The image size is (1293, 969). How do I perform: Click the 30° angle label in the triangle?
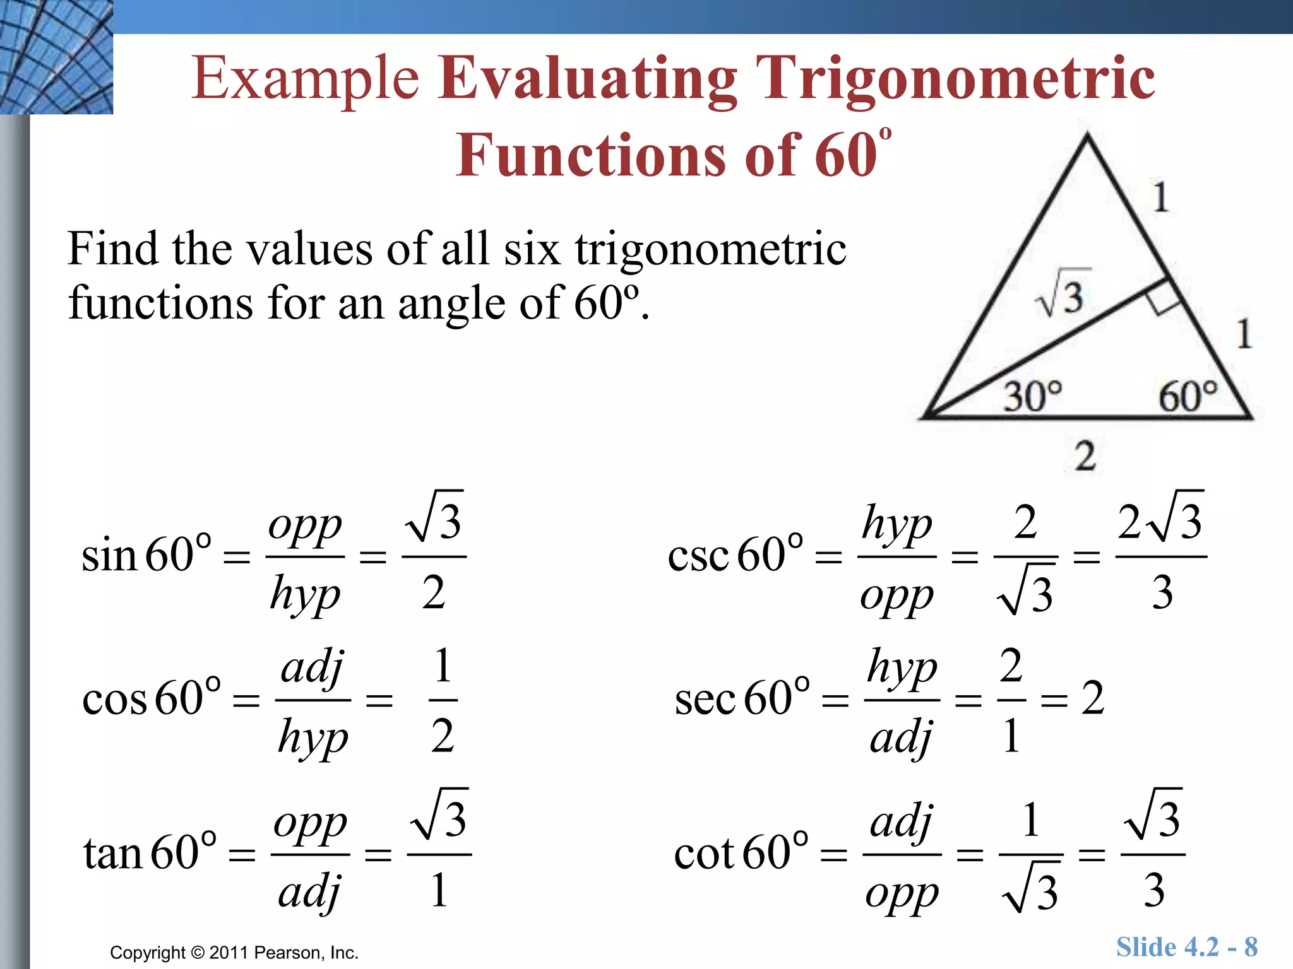click(1033, 396)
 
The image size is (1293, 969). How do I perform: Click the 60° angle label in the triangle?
click(1188, 396)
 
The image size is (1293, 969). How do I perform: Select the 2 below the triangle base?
click(1085, 455)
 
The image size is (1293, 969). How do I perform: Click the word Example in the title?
click(306, 78)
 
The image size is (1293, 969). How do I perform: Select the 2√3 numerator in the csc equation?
click(1160, 520)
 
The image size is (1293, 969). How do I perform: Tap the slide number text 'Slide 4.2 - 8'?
click(1186, 947)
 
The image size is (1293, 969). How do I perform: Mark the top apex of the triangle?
click(1087, 135)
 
